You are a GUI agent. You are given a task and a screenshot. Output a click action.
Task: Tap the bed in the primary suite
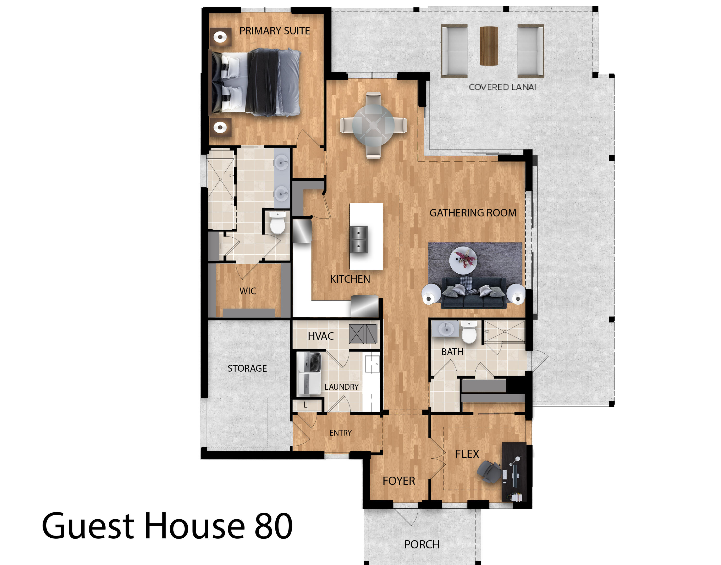[x=256, y=82]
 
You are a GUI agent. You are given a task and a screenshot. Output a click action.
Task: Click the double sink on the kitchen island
[x=359, y=240]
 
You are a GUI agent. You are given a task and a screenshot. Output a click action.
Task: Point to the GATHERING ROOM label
[x=472, y=213]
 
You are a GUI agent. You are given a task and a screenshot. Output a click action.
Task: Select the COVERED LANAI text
[x=502, y=87]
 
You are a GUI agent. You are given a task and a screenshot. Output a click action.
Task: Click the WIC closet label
[x=248, y=291]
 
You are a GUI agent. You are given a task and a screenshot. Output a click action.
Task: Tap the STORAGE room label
[x=247, y=368]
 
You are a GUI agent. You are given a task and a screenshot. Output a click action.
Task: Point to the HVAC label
[x=320, y=336]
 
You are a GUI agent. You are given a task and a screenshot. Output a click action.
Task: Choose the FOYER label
[x=398, y=481]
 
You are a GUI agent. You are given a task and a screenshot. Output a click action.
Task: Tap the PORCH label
[x=422, y=544]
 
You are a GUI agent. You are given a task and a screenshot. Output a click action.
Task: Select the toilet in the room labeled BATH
[x=469, y=332]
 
